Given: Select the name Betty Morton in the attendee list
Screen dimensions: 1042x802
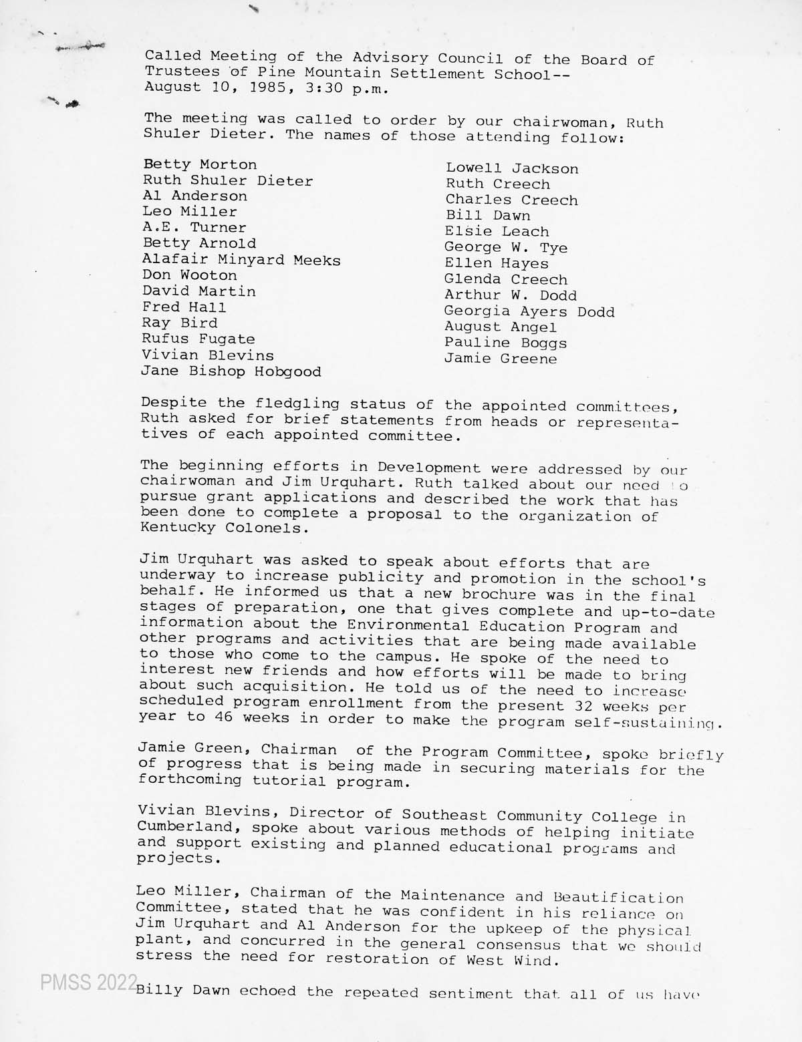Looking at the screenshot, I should pos(200,164).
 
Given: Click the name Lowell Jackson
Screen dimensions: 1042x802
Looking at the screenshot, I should pos(512,169).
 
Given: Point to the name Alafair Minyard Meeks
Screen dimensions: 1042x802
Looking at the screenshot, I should pos(241,260).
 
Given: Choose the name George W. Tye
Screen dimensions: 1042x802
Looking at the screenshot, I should pos(506,248).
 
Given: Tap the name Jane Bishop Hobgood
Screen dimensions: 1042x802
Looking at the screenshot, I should pos(231,371).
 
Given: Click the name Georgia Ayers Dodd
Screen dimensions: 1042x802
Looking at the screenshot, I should pos(529,311).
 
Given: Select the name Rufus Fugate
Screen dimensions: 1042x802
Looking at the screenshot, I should pos(198,339).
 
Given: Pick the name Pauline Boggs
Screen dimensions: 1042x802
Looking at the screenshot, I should pos(506,343).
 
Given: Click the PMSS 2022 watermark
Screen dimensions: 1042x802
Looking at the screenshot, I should pos(88,983).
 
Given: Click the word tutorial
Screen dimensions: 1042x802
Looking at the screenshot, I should pos(289,781).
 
